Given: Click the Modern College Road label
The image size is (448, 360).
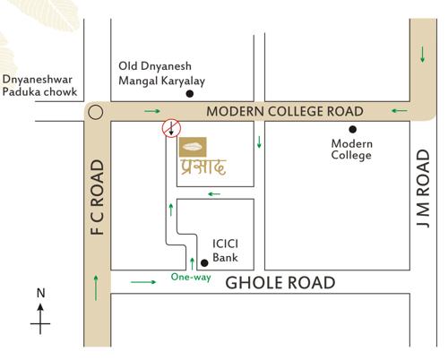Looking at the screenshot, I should pos(285,112).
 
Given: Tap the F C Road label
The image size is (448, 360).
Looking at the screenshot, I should pos(98,199).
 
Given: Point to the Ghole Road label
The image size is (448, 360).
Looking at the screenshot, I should pos(280,283).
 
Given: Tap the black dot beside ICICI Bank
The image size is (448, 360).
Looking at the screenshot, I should pos(204,262).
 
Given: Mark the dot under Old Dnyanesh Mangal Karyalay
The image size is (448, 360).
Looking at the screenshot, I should pos(189,94).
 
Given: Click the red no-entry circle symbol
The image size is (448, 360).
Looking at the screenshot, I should pos(170,130).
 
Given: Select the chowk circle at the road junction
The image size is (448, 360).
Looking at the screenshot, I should pos(97,113).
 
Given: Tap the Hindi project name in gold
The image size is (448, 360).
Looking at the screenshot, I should pos(201,167).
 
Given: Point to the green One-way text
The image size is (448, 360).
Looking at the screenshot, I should pos(191,278).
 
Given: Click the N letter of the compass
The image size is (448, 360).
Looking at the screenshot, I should pos(39,293).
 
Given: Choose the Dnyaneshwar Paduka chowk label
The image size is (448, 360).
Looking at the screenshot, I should pos(39,85).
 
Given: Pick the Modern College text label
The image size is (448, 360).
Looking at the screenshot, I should pos(351,149).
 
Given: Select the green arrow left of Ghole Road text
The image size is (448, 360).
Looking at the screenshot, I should pos(143,282).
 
